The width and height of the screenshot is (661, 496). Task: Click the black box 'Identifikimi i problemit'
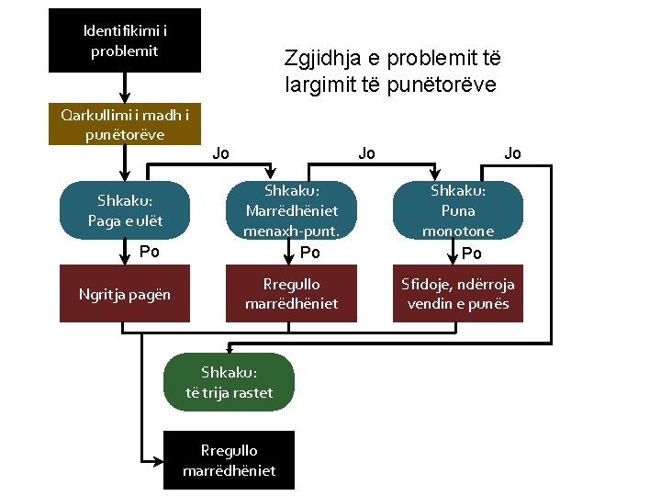(x=125, y=40)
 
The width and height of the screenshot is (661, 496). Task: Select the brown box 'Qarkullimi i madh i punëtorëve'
(x=125, y=125)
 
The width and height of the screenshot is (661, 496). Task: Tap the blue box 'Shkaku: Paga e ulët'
(x=125, y=210)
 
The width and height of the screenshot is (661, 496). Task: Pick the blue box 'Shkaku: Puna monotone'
(x=459, y=210)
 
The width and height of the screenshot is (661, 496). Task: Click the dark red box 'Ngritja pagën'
(x=125, y=295)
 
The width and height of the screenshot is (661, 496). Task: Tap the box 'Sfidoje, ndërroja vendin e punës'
(x=459, y=294)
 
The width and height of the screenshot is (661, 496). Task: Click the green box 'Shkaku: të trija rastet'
(x=230, y=382)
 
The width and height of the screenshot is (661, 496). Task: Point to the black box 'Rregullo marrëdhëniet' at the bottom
(x=230, y=460)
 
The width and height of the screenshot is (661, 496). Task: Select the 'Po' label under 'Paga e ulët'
(x=149, y=252)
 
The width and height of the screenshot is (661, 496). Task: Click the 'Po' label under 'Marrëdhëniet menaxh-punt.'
(x=310, y=253)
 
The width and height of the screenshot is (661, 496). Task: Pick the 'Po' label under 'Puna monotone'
(x=472, y=253)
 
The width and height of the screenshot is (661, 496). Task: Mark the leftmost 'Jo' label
(x=220, y=153)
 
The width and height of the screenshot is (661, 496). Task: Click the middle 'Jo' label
(x=366, y=153)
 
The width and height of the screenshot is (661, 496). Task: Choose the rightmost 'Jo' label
(x=512, y=153)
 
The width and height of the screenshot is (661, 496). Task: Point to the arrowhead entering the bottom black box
(x=158, y=460)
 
